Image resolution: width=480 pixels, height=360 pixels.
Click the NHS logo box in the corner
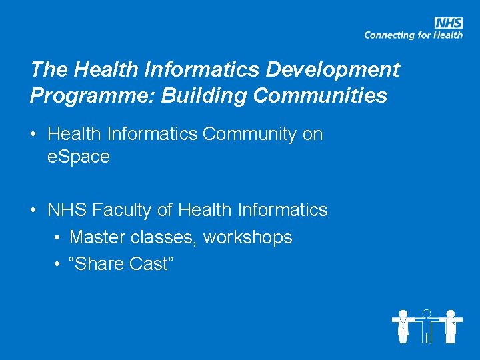click(x=449, y=23)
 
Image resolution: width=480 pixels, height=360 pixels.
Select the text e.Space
click(x=79, y=157)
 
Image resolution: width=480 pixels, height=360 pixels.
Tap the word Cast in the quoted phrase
click(x=149, y=264)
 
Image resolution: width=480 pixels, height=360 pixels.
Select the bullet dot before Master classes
click(x=57, y=238)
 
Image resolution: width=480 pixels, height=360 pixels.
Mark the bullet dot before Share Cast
click(x=57, y=265)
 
